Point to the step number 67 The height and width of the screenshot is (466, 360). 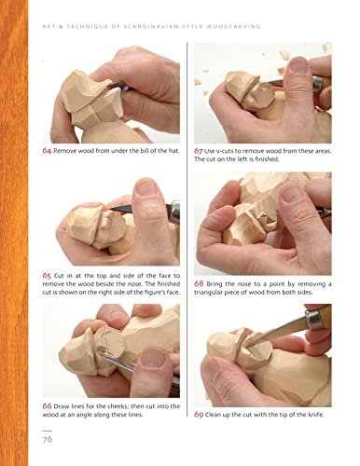[200, 150]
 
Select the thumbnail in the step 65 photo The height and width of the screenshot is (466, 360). [146, 194]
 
